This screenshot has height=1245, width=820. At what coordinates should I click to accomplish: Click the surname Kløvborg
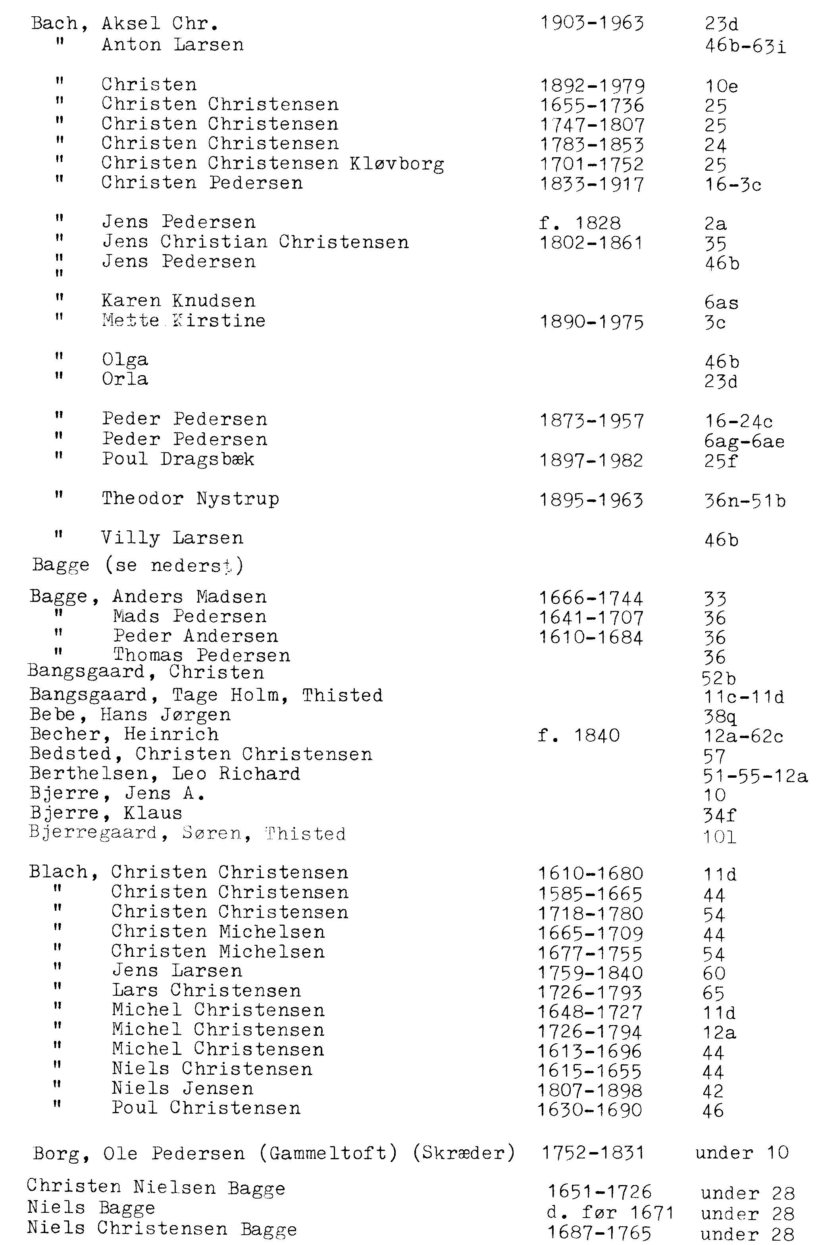coord(397,164)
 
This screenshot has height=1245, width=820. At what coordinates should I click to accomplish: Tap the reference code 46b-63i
coord(745,46)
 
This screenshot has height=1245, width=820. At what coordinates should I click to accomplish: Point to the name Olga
coord(125,360)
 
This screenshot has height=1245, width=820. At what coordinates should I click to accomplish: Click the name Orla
coord(125,379)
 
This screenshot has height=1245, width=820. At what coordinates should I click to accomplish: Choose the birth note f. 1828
coord(579,224)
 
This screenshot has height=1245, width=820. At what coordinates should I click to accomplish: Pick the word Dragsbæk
coord(207,459)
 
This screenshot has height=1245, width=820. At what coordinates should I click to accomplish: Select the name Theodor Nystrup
coord(191,499)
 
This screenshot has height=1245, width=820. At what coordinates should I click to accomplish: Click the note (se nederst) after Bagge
coord(174,565)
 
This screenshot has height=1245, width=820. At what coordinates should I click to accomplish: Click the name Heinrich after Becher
coord(171,734)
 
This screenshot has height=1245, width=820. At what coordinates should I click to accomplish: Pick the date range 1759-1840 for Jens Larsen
coord(590,973)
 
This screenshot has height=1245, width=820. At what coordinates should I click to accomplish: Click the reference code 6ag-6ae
coord(744,441)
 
